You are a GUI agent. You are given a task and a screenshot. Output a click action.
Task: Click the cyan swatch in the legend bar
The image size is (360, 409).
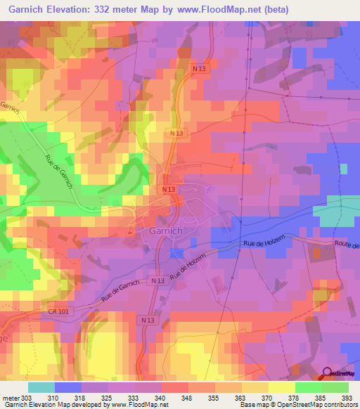click(41, 387)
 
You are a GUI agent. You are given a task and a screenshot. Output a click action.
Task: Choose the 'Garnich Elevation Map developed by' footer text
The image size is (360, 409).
click(55, 404)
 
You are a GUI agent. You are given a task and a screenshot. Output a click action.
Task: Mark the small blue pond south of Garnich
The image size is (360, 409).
click(177, 252)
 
